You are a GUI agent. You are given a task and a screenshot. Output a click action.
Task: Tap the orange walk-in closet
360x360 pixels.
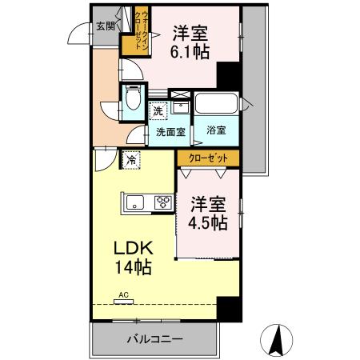(134, 33)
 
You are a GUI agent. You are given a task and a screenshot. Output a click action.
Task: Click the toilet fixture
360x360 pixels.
(132, 102)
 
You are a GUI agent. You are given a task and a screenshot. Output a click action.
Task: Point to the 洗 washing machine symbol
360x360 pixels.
(158, 110)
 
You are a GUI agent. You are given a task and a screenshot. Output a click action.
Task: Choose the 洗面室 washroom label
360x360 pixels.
(170, 130)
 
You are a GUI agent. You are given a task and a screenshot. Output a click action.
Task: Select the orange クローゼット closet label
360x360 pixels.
(209, 158)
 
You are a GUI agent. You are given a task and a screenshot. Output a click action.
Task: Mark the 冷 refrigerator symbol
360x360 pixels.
(130, 160)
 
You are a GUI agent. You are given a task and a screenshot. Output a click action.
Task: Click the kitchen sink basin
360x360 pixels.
(134, 202)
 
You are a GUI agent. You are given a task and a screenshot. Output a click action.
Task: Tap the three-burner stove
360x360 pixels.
(162, 202)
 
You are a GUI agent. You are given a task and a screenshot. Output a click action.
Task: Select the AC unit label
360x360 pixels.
(123, 295)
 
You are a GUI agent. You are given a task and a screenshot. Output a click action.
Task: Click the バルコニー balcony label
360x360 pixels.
(154, 338)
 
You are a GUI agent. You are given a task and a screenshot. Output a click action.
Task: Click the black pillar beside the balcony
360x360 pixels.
(229, 309)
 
